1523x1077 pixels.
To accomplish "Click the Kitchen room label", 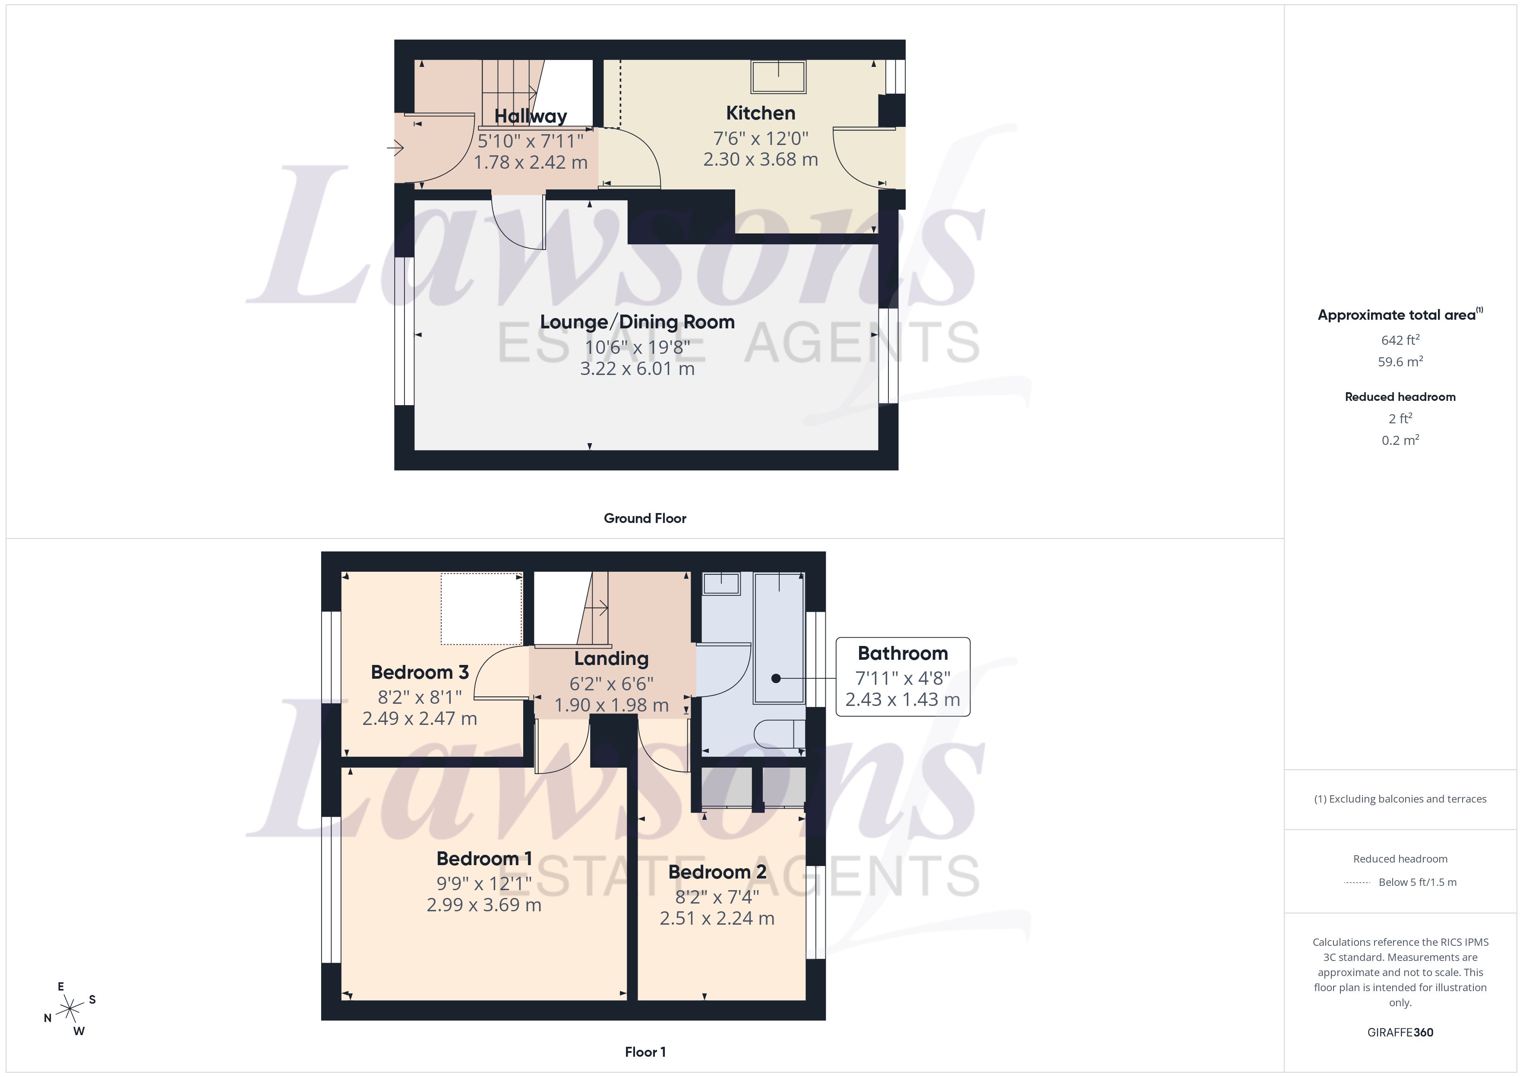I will click(760, 113).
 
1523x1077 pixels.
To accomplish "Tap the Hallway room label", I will click(530, 116).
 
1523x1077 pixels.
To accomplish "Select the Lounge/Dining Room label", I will click(637, 322).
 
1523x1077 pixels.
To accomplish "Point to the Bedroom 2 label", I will click(717, 872).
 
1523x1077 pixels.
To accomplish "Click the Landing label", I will click(611, 658).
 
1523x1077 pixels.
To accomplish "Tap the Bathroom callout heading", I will click(902, 653).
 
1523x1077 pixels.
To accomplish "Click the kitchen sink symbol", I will click(778, 77).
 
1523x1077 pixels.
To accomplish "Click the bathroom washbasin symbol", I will click(721, 584).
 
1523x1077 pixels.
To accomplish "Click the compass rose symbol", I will click(70, 1009).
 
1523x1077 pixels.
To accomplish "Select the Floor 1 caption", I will click(645, 1052).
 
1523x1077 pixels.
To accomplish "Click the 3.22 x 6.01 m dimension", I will click(637, 369).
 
